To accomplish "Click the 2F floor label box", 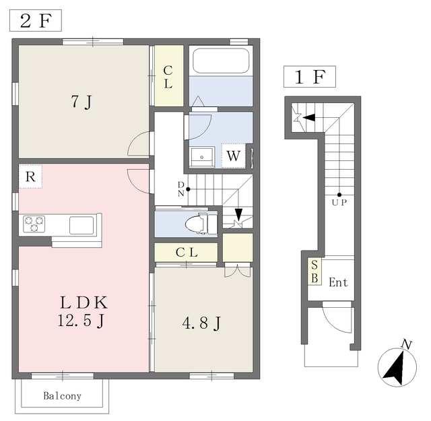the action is pos(36,20).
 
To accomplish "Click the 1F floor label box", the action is pos(310,77).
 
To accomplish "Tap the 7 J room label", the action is pos(81,102).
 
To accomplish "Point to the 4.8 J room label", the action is pos(201,323).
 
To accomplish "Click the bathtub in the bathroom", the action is pos(221,61).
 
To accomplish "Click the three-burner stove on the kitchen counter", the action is pos(34,224).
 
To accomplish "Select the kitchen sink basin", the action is pos(81,225).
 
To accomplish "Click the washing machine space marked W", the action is pos(234,156).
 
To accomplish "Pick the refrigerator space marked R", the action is pos(30,176).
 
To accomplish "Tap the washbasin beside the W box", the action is pos(202,157).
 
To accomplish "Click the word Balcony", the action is pos(63,396).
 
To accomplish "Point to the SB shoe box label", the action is pos(314,271).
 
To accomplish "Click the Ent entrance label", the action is pos(338,282).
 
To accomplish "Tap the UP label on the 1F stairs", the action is pos(339,203).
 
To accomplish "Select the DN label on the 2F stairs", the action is pos(181,189).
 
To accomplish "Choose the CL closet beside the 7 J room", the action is pos(169,75).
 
